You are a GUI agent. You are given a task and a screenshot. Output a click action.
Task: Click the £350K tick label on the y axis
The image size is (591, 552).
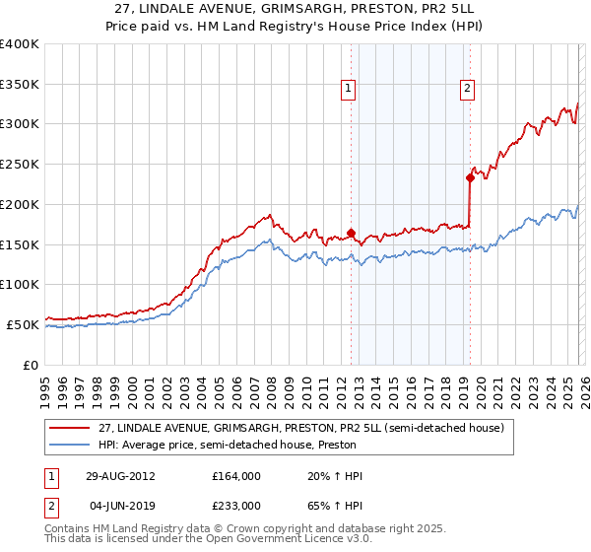(x=20, y=84)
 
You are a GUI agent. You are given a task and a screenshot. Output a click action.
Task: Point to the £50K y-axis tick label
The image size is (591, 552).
(x=23, y=324)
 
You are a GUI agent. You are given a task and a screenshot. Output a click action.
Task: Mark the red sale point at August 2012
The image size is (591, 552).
(x=351, y=233)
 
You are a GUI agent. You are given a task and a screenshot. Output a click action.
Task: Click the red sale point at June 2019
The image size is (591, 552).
(x=470, y=177)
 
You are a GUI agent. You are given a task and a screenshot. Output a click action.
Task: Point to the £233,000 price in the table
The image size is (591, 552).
(x=236, y=505)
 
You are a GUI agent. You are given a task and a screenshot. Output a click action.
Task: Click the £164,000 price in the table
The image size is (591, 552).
(x=236, y=476)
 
